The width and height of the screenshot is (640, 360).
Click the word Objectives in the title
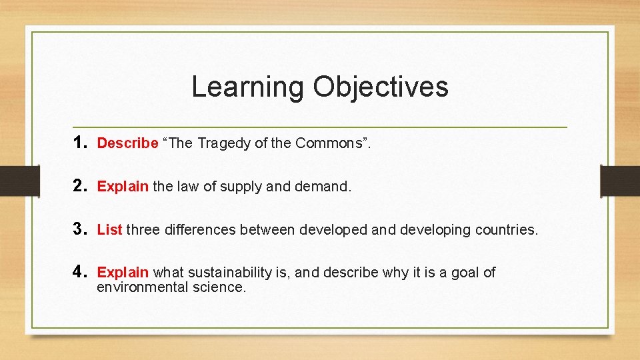point(381,87)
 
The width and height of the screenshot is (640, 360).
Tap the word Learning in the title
point(247,87)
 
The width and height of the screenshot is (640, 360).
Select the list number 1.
point(81,142)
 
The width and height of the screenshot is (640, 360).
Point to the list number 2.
point(81,186)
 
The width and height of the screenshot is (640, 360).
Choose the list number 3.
point(81,229)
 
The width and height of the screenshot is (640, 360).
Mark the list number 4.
point(81,272)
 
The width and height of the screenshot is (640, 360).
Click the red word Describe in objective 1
point(127,143)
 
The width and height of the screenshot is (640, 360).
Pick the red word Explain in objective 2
point(123,187)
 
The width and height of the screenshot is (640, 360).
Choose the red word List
point(109,230)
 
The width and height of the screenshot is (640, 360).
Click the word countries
point(506,230)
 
